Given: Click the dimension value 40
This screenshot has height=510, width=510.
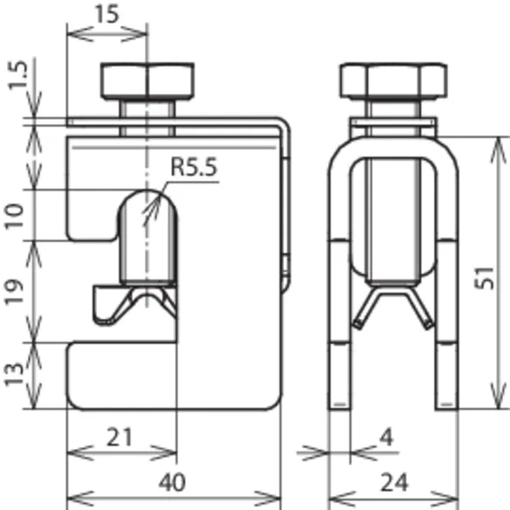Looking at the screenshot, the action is (172, 483).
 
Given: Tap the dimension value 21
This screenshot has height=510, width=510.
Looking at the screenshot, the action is (120, 438).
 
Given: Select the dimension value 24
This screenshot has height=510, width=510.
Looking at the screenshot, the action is (394, 483).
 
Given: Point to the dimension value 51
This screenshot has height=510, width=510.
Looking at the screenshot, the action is (485, 278).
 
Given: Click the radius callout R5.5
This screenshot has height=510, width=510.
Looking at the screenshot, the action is (194, 167).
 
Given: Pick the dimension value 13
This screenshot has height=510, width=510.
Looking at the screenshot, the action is (14, 374).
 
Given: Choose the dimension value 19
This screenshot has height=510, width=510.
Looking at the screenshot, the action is (14, 291).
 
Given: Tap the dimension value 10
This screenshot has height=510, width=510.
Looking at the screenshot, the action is (14, 217).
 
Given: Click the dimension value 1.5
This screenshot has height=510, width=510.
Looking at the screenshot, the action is (17, 75).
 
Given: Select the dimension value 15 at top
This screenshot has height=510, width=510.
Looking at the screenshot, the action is (107, 14).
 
